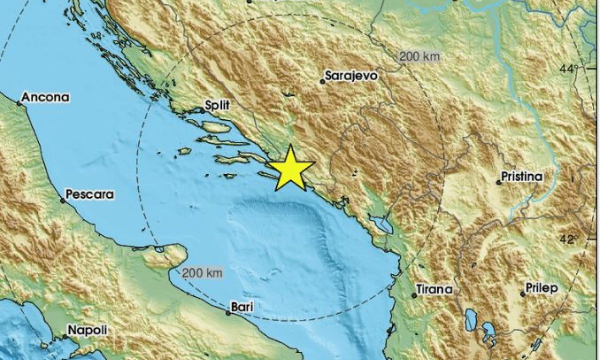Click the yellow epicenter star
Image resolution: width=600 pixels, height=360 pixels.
click(x=291, y=169)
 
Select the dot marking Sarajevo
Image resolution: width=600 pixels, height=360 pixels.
click(x=322, y=81)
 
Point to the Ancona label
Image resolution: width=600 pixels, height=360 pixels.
click(x=45, y=97)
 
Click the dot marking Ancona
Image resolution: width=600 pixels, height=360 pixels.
click(x=18, y=103)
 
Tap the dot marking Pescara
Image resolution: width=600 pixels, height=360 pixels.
click(x=63, y=200)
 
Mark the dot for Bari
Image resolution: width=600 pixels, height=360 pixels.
click(x=228, y=313)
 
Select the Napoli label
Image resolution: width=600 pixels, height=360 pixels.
click(x=87, y=330)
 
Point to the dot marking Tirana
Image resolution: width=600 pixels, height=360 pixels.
click(x=414, y=295)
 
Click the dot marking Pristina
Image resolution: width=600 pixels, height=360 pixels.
click(x=498, y=182)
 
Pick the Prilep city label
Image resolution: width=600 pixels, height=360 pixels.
click(x=541, y=288)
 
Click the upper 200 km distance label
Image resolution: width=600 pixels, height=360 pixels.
click(x=419, y=56)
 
